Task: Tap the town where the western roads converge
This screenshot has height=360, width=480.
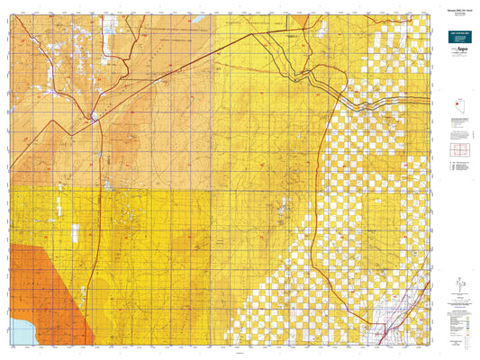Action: pos(95,116)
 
